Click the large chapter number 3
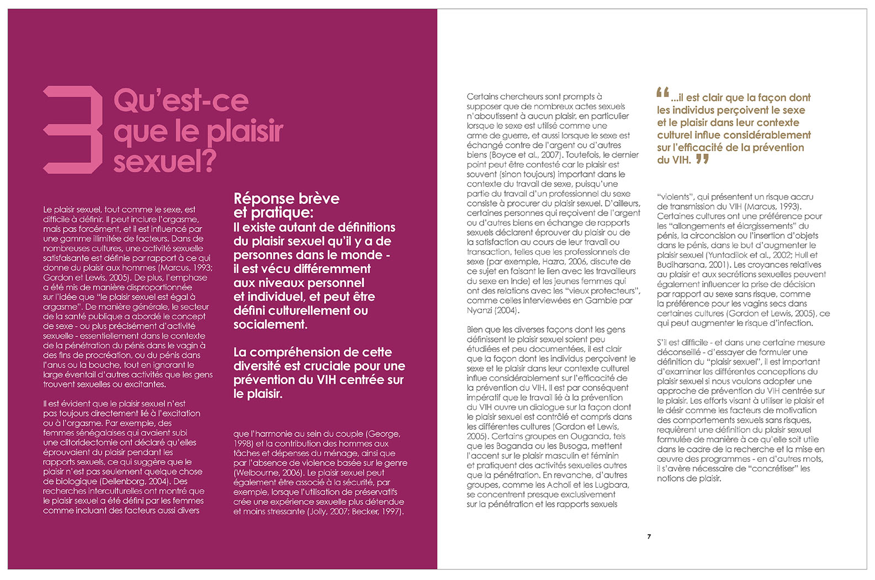[73, 129]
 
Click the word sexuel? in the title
[165, 161]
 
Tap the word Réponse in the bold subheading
[262, 198]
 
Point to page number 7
[649, 536]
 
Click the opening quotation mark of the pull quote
[663, 93]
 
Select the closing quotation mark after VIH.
[702, 159]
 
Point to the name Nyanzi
[481, 310]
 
